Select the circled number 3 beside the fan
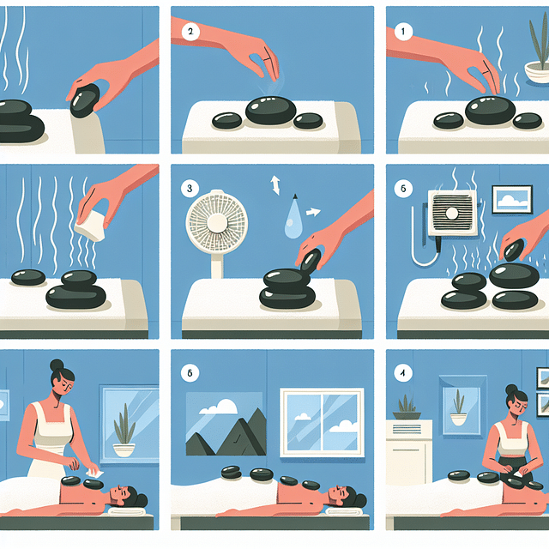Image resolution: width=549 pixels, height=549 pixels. (x=190, y=185)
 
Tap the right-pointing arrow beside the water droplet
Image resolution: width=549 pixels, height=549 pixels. (x=312, y=210)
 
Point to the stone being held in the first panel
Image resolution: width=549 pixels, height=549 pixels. (x=86, y=100)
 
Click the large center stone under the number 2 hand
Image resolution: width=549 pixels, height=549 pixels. (x=271, y=111)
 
